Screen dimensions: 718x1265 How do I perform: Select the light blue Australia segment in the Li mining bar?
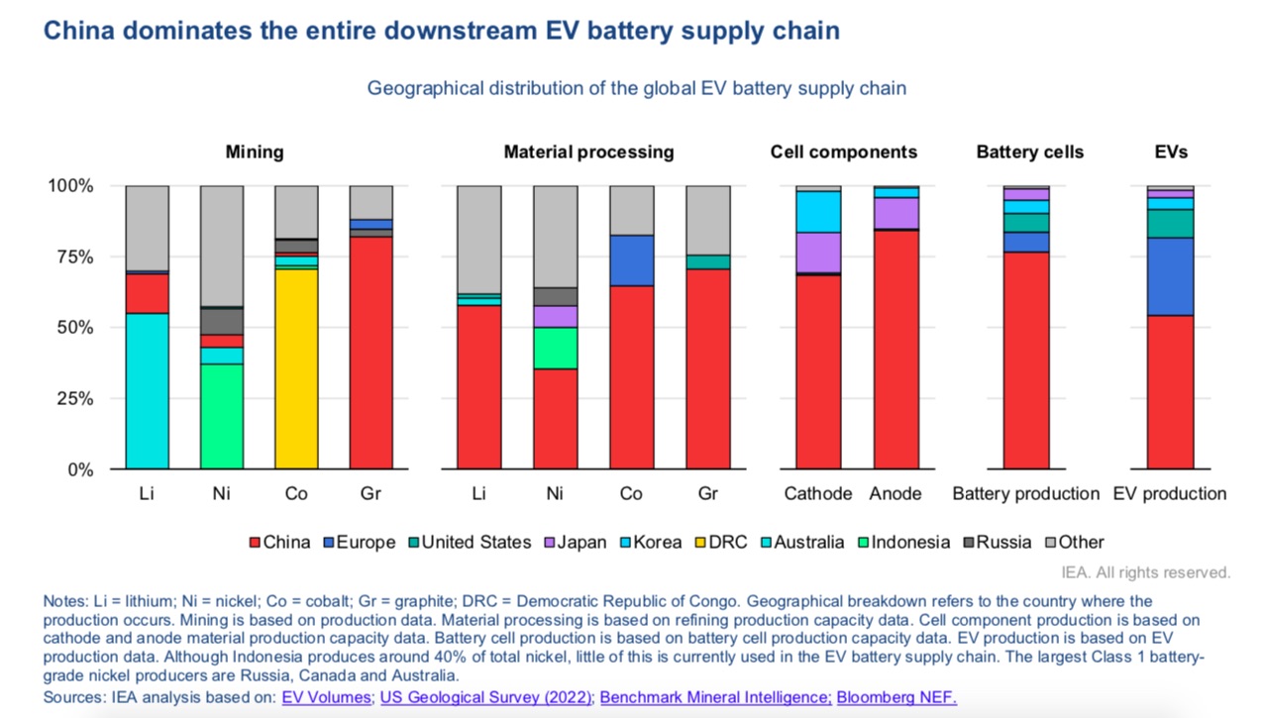147,391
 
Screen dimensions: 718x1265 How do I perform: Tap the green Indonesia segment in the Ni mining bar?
222,416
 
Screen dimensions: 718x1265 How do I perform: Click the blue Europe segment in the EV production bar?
1170,276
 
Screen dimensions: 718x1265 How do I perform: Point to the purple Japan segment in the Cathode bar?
818,253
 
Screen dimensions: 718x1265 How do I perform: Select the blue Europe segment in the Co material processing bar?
631,260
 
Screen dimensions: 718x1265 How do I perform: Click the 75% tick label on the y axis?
71,257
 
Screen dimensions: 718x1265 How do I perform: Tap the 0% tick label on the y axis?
77,469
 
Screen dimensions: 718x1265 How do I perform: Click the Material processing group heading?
588,152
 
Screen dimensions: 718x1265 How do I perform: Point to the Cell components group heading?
843,152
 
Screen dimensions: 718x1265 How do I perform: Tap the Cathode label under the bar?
817,493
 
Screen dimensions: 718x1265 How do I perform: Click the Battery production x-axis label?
1025,493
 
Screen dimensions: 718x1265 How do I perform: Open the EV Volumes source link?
327,697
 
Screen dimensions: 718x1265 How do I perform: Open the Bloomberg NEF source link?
896,697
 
